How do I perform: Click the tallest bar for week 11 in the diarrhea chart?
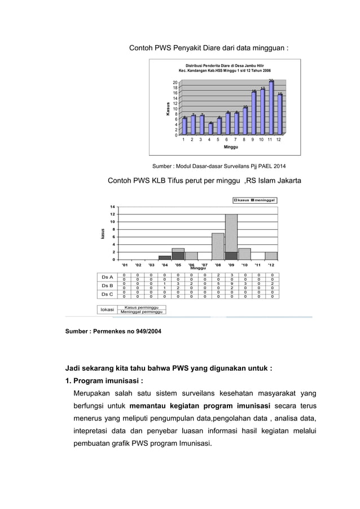click(271, 108)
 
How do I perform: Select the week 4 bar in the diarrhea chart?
click(210, 129)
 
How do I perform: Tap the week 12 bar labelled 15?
click(280, 114)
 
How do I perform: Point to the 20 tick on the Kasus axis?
click(175, 83)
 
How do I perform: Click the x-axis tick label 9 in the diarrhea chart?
click(253, 139)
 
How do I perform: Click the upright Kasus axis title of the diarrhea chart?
click(168, 108)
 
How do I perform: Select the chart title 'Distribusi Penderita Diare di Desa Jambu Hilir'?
click(225, 66)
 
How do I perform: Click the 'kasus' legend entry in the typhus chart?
click(241, 200)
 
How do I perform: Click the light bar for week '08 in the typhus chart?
click(218, 246)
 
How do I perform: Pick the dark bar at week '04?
click(165, 257)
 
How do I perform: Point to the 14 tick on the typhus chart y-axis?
click(113, 207)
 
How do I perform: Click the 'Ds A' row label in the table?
click(107, 277)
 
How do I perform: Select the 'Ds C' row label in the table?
click(107, 294)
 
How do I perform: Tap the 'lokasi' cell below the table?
click(107, 309)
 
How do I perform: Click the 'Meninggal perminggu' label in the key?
click(141, 312)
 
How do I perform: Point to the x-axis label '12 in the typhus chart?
click(271, 264)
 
